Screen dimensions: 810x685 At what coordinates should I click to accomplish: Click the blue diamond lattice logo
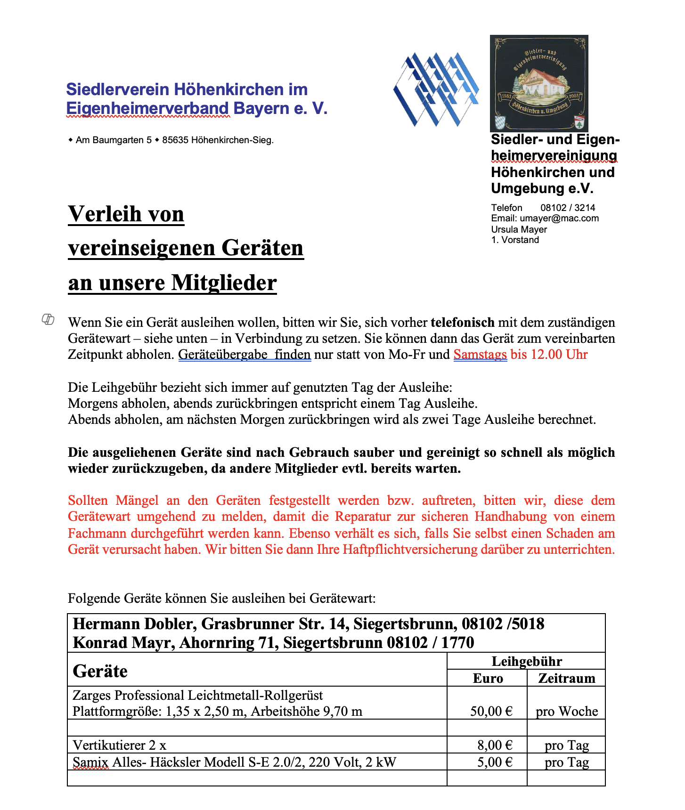point(436,89)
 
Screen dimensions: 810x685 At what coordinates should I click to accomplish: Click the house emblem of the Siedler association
point(539,83)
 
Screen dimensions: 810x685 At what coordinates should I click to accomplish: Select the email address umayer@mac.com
point(559,219)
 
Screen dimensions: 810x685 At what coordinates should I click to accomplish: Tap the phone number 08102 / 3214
point(568,208)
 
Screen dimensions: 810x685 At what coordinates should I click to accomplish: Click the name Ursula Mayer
point(519,229)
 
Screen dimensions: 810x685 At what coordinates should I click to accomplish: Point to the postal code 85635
point(175,140)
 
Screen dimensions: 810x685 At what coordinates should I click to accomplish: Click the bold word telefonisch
point(462,323)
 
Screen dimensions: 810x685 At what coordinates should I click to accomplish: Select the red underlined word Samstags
point(480,355)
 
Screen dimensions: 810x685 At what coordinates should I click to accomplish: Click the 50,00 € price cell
point(491,711)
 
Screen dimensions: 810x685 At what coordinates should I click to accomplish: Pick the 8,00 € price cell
point(494,745)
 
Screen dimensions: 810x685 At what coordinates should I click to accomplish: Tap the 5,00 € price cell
point(494,762)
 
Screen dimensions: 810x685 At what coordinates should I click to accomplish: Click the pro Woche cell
point(567,711)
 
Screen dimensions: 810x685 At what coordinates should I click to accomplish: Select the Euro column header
point(488,678)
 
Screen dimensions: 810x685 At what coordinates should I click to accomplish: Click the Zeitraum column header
point(567,678)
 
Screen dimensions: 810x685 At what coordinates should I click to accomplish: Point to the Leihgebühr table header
point(527,661)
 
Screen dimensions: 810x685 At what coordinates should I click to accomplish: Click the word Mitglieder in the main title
point(224,283)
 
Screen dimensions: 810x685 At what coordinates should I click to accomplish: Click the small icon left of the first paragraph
point(48,319)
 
